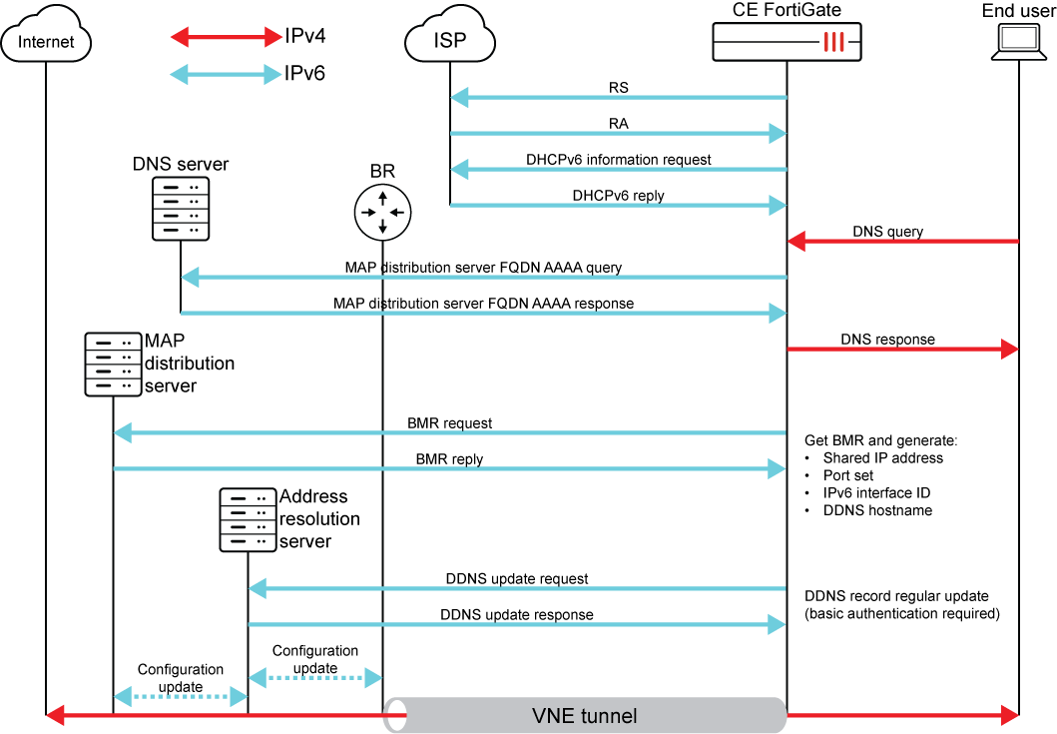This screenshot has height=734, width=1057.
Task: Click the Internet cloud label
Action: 46,42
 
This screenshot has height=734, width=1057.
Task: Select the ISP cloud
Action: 450,39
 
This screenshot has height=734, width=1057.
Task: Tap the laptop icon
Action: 1018,41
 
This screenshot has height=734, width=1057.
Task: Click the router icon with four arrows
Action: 382,213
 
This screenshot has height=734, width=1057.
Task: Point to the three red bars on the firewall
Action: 834,42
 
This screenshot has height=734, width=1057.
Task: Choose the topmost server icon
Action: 181,209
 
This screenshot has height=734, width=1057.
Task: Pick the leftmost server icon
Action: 113,365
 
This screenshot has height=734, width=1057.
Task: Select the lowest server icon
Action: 248,520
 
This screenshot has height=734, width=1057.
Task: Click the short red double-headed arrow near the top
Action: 227,38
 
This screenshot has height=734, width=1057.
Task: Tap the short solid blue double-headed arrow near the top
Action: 227,75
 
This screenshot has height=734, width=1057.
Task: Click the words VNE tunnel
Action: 585,716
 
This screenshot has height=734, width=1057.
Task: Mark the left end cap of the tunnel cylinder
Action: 396,716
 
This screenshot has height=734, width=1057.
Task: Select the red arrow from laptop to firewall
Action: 902,241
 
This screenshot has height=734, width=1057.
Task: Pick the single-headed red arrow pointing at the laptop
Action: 902,349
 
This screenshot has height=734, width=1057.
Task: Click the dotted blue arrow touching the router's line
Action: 315,678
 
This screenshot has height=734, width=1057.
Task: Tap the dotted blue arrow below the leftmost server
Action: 181,696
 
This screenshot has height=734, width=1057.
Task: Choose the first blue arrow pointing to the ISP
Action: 619,98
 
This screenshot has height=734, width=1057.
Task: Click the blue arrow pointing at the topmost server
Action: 484,277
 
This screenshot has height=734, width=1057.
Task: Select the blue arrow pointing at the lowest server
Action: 517,589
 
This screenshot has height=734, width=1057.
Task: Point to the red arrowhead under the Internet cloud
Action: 56,715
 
